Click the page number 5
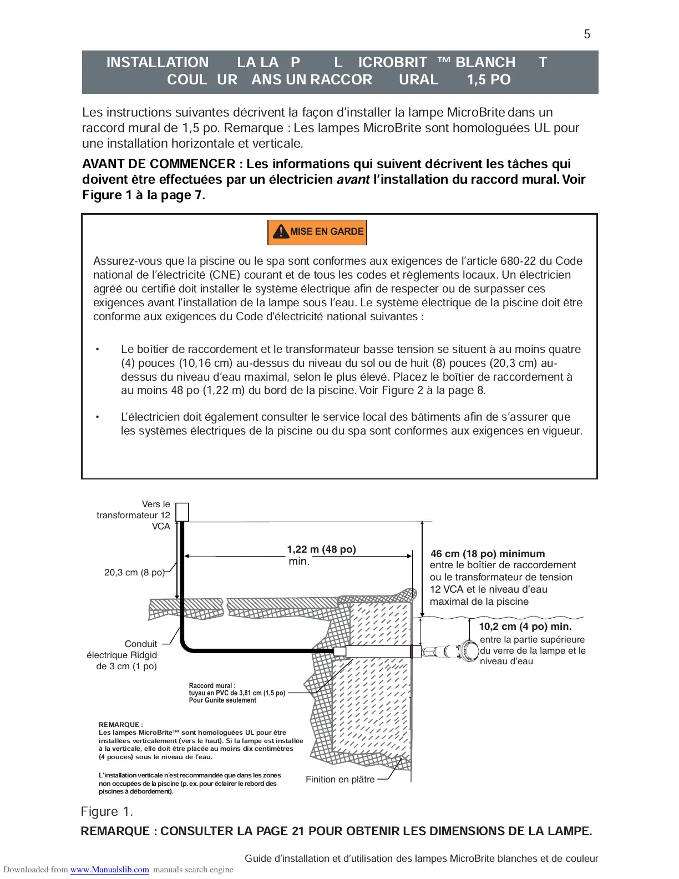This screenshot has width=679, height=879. click(x=587, y=34)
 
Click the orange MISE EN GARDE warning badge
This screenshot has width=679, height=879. click(x=317, y=232)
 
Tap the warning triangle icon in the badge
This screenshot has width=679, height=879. click(x=281, y=231)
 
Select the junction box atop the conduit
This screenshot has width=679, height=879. click(x=182, y=512)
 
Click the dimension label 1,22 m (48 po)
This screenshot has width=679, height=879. click(x=321, y=549)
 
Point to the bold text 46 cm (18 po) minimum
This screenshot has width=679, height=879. click(x=488, y=554)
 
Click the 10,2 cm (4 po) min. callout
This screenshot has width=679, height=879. click(x=525, y=627)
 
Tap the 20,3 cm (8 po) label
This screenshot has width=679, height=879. click(x=134, y=572)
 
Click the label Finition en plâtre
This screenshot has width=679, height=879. click(x=340, y=780)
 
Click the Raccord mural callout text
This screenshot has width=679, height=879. click(x=237, y=693)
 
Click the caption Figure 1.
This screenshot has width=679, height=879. click(x=107, y=812)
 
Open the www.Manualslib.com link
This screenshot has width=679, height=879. click(x=109, y=870)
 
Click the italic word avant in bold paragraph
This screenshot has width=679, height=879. click(x=353, y=180)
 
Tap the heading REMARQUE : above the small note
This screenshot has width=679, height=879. click(x=120, y=725)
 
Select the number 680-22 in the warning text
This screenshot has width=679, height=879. click(x=515, y=261)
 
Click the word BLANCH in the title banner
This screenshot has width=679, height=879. click(x=485, y=63)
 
